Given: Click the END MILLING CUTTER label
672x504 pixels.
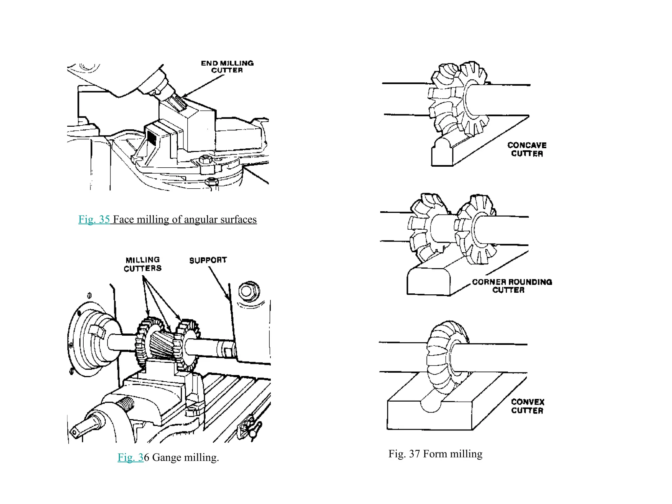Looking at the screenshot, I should tap(227, 67).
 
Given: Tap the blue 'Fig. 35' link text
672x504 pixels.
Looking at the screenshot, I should tap(94, 219).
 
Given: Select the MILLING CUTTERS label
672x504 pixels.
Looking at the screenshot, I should tap(143, 264).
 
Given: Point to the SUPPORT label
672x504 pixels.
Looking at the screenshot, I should tap(208, 260).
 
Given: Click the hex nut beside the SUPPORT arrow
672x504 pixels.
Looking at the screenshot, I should tap(249, 291).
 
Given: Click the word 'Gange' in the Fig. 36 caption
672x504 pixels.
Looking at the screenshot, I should tap(167, 457).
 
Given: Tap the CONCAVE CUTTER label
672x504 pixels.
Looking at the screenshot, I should tap(527, 149).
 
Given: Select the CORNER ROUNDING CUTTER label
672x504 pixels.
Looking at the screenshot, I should tap(512, 286).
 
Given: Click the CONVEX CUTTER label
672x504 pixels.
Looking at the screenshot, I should tap(528, 406).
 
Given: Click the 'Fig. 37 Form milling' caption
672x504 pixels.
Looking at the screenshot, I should tap(435, 454).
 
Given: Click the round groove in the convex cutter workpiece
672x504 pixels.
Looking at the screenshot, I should tap(431, 405).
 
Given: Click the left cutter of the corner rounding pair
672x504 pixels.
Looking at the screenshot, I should tap(423, 226).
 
